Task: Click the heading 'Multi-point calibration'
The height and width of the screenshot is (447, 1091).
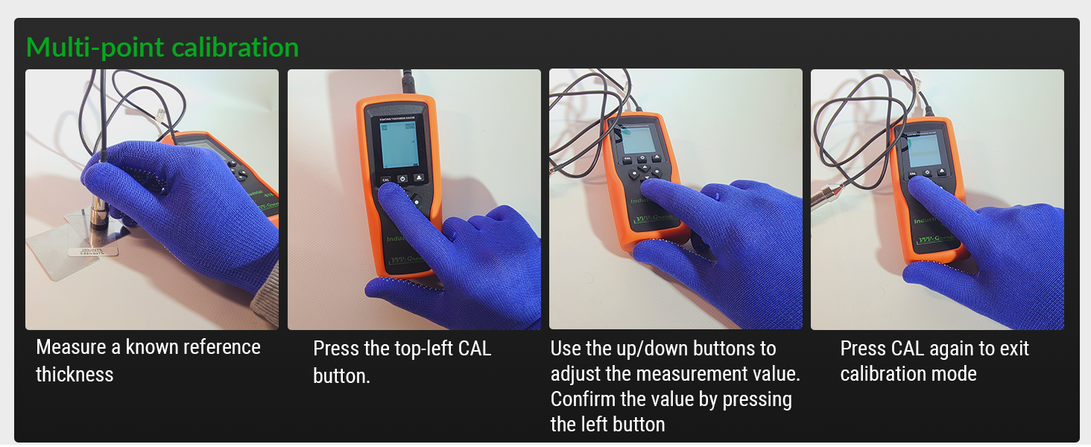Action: coord(162,47)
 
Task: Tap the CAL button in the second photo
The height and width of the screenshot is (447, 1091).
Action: coord(385,180)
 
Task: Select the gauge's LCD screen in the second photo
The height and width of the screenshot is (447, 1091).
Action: coord(399,145)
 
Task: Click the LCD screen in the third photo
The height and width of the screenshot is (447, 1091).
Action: coord(639,138)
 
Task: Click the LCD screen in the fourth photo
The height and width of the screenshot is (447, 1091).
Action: coord(925,150)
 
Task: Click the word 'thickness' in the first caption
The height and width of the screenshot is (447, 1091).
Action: coord(75,374)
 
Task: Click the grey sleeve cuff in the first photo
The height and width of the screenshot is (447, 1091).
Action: coord(265,305)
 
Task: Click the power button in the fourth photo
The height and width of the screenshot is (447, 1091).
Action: coord(927,172)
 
